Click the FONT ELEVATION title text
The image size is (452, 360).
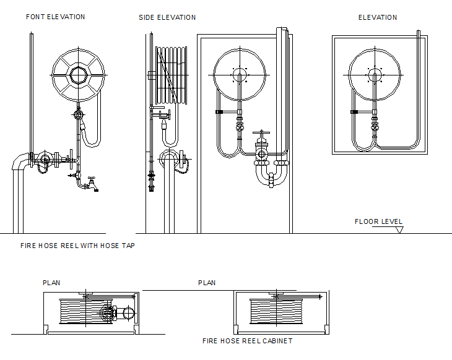55,17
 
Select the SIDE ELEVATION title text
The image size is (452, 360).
167,18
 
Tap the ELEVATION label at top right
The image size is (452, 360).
378,17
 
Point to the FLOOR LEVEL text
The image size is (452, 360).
378,221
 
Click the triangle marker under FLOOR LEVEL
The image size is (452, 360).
399,229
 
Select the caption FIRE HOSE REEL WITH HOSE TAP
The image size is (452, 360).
77,246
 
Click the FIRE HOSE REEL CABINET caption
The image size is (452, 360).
248,341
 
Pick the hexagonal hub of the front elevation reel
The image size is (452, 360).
78,75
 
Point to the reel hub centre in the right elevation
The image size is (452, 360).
374,75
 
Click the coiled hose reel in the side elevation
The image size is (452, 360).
172,74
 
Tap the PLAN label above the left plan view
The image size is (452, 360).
51,283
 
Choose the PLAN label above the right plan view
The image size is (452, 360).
207,283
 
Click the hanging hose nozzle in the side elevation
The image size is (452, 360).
163,126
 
